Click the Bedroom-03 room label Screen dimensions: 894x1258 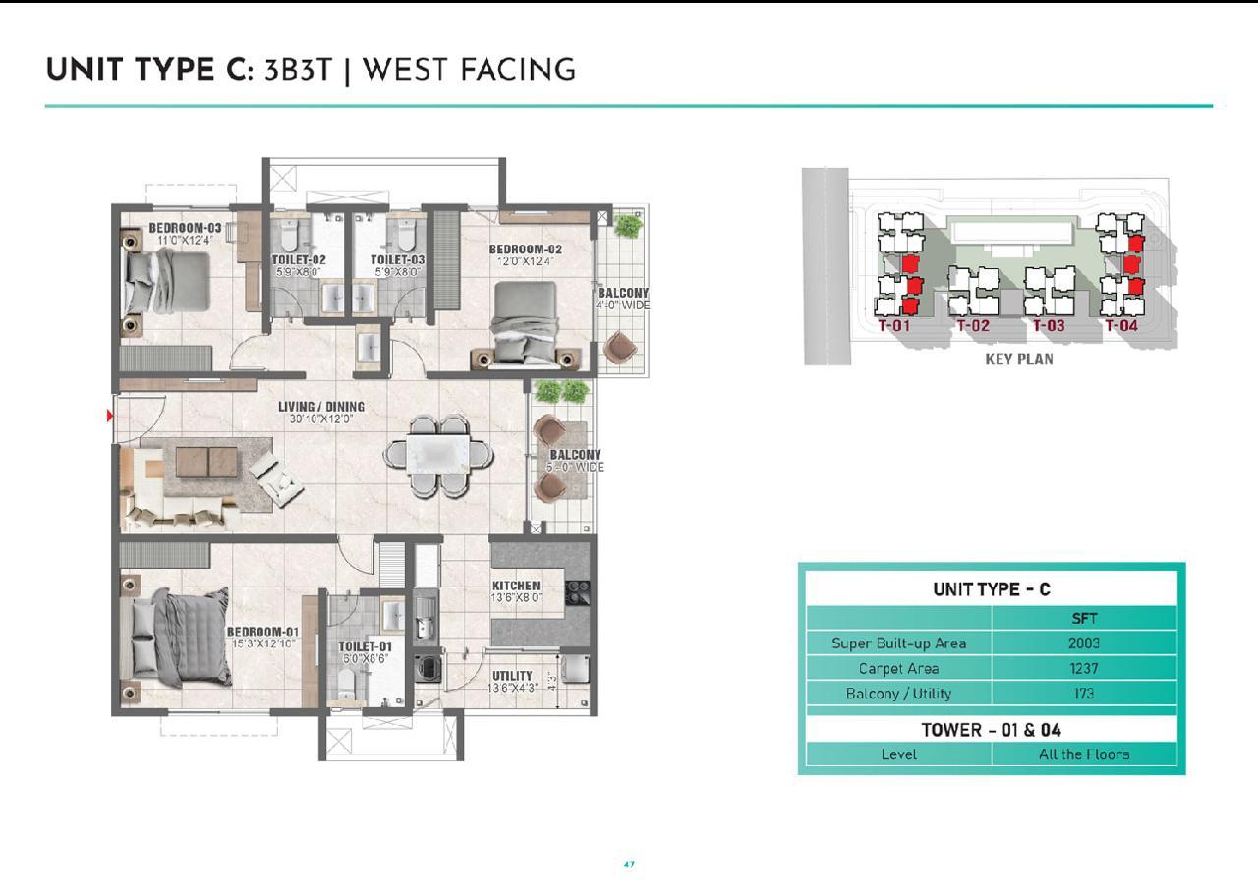(x=185, y=228)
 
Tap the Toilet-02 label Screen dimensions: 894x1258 (x=299, y=260)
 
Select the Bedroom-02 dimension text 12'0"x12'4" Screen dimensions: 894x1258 (x=526, y=261)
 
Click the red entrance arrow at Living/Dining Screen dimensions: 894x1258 (x=110, y=417)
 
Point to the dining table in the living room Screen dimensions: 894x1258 (x=438, y=455)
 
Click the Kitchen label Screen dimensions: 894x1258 (x=516, y=586)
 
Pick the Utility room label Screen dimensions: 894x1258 (x=512, y=676)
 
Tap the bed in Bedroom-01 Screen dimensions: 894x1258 (x=177, y=640)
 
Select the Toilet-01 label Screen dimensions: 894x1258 (x=365, y=646)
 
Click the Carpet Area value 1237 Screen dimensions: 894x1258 (x=1083, y=668)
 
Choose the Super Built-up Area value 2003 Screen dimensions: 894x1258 (x=1083, y=643)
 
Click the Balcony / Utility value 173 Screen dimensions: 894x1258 (x=1083, y=694)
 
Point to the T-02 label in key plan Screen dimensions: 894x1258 (x=972, y=326)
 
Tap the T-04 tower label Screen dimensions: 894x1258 (x=1120, y=326)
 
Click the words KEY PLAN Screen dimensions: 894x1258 (x=1019, y=360)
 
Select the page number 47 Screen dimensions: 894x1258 (x=629, y=865)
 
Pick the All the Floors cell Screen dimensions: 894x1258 (x=1083, y=754)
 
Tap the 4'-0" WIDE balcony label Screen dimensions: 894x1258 (x=623, y=305)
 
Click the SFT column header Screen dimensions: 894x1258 (x=1083, y=619)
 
